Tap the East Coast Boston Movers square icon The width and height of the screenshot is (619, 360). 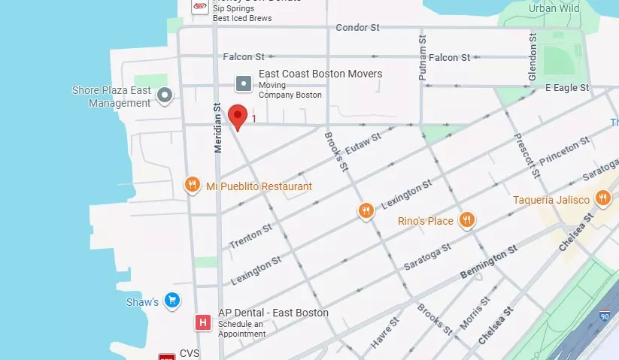click(x=243, y=83)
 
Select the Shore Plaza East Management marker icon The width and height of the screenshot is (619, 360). click(x=164, y=95)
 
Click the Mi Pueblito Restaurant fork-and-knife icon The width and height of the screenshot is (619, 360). click(x=193, y=185)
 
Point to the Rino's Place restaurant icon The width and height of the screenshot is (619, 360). click(x=467, y=220)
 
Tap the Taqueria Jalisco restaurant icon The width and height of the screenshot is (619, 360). click(x=602, y=198)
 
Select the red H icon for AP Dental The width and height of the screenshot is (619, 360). click(x=202, y=322)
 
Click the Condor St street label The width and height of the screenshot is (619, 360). click(x=357, y=28)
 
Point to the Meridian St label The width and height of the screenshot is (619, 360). click(x=218, y=129)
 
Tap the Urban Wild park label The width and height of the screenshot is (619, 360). click(x=554, y=8)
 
